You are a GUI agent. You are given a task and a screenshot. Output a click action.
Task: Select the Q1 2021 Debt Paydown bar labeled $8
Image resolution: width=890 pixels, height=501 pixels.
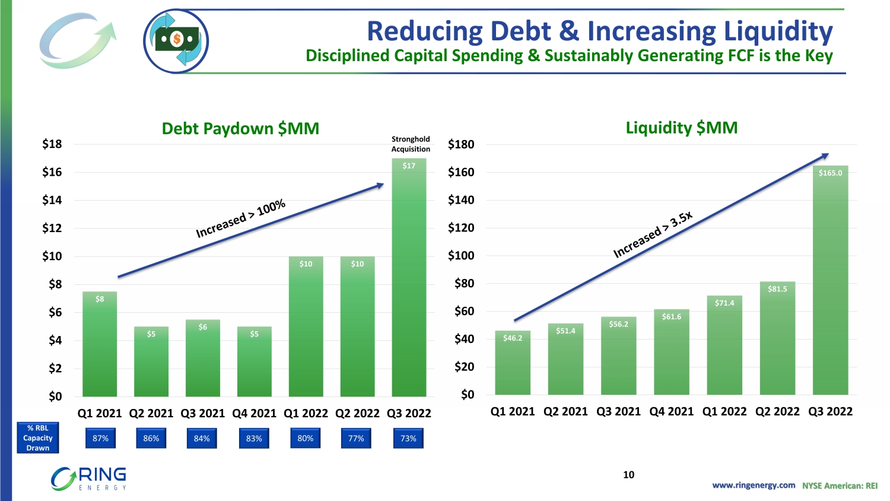[x=100, y=344]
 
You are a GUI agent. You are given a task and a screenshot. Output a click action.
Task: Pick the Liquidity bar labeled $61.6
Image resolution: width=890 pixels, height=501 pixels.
[x=672, y=352]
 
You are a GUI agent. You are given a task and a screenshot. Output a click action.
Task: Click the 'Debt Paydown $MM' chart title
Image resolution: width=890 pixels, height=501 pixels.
[x=240, y=128]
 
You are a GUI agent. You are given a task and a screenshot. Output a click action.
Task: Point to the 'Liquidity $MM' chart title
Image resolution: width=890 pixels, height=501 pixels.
[x=682, y=128]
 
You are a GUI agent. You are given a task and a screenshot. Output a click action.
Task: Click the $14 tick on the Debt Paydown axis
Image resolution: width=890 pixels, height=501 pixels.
[x=52, y=200]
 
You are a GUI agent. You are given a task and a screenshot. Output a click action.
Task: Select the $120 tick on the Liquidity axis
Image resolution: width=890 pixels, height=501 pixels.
[x=461, y=228]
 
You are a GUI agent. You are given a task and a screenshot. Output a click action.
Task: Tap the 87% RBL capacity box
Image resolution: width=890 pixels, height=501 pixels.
[x=100, y=439]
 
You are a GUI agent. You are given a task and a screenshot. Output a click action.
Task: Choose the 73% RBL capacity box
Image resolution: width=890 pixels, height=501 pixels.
[x=408, y=439]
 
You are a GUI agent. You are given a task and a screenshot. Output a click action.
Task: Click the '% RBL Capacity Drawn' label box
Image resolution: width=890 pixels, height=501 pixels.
[x=38, y=438]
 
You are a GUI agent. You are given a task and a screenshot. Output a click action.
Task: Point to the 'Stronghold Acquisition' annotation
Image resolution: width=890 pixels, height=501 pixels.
[x=411, y=144]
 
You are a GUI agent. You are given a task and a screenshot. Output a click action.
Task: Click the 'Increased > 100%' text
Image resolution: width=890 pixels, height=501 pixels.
[x=241, y=218]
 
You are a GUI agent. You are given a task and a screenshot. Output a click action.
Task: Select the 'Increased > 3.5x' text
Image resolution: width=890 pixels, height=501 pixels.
[x=653, y=235]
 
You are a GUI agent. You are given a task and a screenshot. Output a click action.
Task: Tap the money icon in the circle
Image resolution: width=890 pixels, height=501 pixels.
[x=176, y=41]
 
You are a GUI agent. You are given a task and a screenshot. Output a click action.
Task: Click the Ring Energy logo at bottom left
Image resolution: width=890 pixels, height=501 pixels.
[x=89, y=478]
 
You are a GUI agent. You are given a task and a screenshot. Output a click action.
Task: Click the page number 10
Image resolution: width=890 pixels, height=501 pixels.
[x=628, y=475]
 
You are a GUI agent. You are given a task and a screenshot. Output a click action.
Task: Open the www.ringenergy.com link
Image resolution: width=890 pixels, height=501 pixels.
[x=754, y=486]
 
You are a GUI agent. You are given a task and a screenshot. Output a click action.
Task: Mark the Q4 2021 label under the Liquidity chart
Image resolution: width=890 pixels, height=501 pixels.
[x=672, y=411]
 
